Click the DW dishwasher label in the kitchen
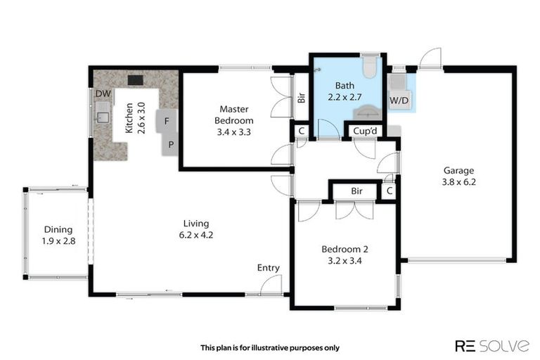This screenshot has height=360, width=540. pos(103,94)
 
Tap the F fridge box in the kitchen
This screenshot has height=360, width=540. pos(166,120)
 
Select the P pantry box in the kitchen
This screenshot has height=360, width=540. pos(171,145)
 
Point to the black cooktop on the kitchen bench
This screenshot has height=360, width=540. pos(135,79)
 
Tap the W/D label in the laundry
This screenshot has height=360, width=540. pos(399,101)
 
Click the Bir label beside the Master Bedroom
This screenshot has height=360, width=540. pos(301,98)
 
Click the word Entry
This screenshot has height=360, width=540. pos(268,267)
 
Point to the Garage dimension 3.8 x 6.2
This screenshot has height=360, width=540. pos(458,181)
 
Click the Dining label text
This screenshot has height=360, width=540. pos(58,229)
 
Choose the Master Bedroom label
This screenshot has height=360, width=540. pos(236,115)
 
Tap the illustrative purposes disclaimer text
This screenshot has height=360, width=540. pos(270,347)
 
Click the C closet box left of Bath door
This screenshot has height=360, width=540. pos(300,131)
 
